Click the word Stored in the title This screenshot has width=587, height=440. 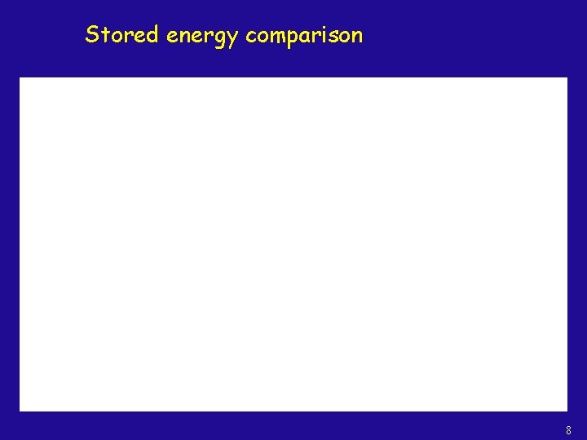click(121, 35)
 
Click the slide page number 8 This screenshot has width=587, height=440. click(568, 430)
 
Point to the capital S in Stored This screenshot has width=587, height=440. click(92, 35)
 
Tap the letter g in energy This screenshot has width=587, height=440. click(218, 39)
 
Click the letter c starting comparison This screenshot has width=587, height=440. click(251, 37)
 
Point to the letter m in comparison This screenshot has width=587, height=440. click(277, 37)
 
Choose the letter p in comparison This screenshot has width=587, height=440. click(294, 39)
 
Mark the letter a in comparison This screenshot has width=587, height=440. click(308, 37)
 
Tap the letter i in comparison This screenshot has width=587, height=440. click(327, 35)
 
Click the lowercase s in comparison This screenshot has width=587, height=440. click(334, 37)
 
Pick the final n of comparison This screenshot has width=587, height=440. click(357, 37)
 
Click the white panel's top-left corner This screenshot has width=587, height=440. click(20, 78)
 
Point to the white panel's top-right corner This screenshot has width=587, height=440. click(567, 78)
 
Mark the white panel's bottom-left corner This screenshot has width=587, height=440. click(20, 410)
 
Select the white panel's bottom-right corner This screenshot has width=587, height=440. click(567, 410)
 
